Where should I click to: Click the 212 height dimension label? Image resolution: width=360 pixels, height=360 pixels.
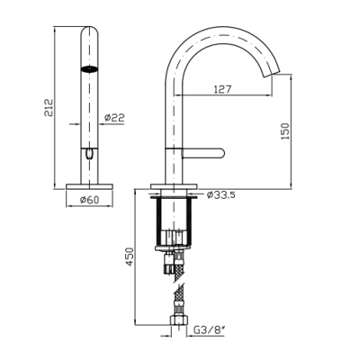49,107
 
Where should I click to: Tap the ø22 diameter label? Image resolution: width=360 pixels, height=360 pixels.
114,118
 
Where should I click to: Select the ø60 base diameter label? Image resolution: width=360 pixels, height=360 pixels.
89,200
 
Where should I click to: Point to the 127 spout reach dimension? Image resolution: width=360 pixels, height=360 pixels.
222,89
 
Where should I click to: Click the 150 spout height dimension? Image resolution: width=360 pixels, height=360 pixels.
285,130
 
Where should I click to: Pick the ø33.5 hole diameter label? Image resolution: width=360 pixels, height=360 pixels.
221,195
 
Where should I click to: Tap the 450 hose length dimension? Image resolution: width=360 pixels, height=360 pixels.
129,256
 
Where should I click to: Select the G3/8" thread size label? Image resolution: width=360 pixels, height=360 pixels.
210,330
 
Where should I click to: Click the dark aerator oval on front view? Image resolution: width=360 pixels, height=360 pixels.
89,69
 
